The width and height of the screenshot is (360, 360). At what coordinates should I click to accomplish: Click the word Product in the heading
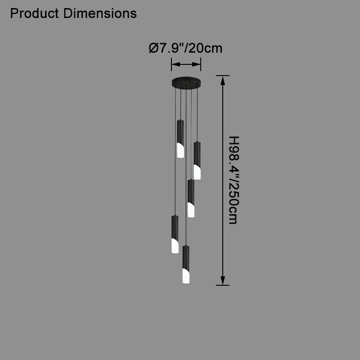[35, 13]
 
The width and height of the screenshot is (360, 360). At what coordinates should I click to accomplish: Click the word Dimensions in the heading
[100, 13]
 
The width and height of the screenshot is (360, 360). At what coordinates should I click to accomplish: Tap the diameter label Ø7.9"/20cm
[185, 48]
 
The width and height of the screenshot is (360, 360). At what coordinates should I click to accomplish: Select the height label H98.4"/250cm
[234, 180]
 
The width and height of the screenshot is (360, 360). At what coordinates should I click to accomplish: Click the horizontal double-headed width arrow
[186, 64]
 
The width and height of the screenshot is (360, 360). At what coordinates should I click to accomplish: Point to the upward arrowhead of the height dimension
[222, 81]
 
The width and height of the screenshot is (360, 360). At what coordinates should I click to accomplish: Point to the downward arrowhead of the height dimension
[222, 280]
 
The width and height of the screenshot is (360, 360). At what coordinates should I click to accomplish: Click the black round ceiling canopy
[186, 82]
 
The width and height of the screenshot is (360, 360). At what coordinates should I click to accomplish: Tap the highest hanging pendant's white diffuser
[180, 151]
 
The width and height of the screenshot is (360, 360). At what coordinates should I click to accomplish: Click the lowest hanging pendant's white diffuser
[186, 276]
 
